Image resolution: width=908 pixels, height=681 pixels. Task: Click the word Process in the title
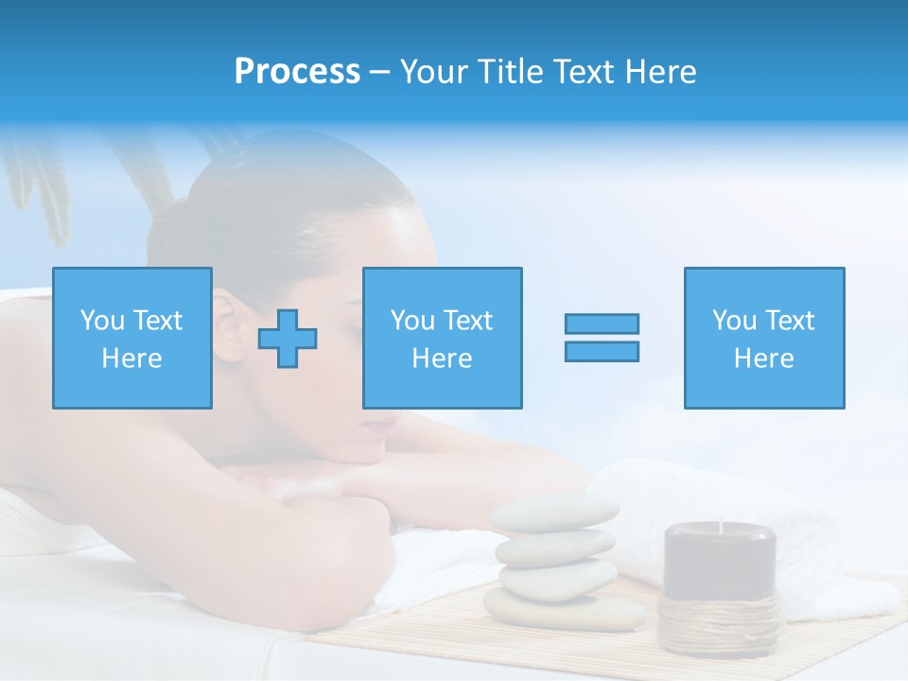pyautogui.click(x=297, y=72)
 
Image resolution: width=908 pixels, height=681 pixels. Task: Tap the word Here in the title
pyautogui.click(x=656, y=72)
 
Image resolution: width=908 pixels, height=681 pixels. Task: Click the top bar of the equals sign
pyautogui.click(x=602, y=323)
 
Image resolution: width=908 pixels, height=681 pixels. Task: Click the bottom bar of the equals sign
pyautogui.click(x=602, y=352)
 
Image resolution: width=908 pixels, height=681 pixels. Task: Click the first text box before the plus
pyautogui.click(x=132, y=339)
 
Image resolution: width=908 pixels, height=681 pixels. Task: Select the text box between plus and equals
pyautogui.click(x=442, y=339)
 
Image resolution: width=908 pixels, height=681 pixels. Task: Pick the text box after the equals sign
pyautogui.click(x=764, y=339)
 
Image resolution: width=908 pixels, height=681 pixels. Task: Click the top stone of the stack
pyautogui.click(x=554, y=512)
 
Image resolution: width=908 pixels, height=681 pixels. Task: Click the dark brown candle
pyautogui.click(x=720, y=558)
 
